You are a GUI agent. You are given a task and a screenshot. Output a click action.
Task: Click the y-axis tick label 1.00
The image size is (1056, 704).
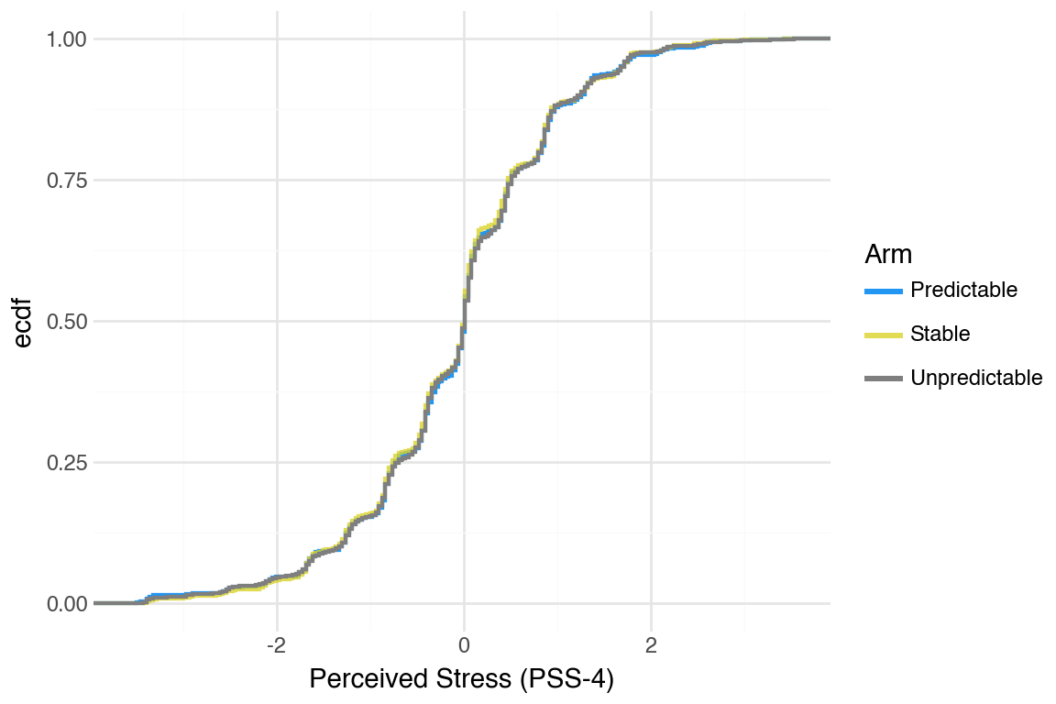click(x=66, y=39)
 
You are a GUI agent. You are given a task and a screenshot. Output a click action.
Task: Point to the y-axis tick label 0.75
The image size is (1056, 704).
click(x=66, y=181)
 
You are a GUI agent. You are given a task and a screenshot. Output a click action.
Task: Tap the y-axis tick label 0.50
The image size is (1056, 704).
click(x=66, y=322)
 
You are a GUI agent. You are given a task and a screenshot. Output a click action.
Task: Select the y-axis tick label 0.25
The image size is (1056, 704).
click(x=66, y=463)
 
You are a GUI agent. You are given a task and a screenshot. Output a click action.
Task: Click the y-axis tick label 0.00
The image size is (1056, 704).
click(x=66, y=604)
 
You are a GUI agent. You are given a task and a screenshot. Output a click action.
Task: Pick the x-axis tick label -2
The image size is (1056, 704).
click(x=276, y=644)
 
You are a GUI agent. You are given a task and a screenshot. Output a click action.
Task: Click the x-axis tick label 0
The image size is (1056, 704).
click(x=464, y=644)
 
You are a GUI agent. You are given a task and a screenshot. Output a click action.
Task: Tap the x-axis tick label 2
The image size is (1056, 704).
click(x=651, y=644)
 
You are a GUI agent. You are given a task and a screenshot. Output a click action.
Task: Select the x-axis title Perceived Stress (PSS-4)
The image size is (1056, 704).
click(x=461, y=680)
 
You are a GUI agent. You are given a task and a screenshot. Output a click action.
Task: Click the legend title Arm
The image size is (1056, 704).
click(x=887, y=254)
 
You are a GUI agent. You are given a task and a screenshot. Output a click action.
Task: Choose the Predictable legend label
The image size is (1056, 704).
click(x=963, y=291)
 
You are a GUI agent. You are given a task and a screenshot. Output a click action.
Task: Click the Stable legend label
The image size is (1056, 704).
click(x=940, y=335)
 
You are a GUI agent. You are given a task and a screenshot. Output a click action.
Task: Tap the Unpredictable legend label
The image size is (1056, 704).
click(x=976, y=379)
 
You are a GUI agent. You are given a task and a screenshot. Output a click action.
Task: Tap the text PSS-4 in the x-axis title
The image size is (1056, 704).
click(x=571, y=680)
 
